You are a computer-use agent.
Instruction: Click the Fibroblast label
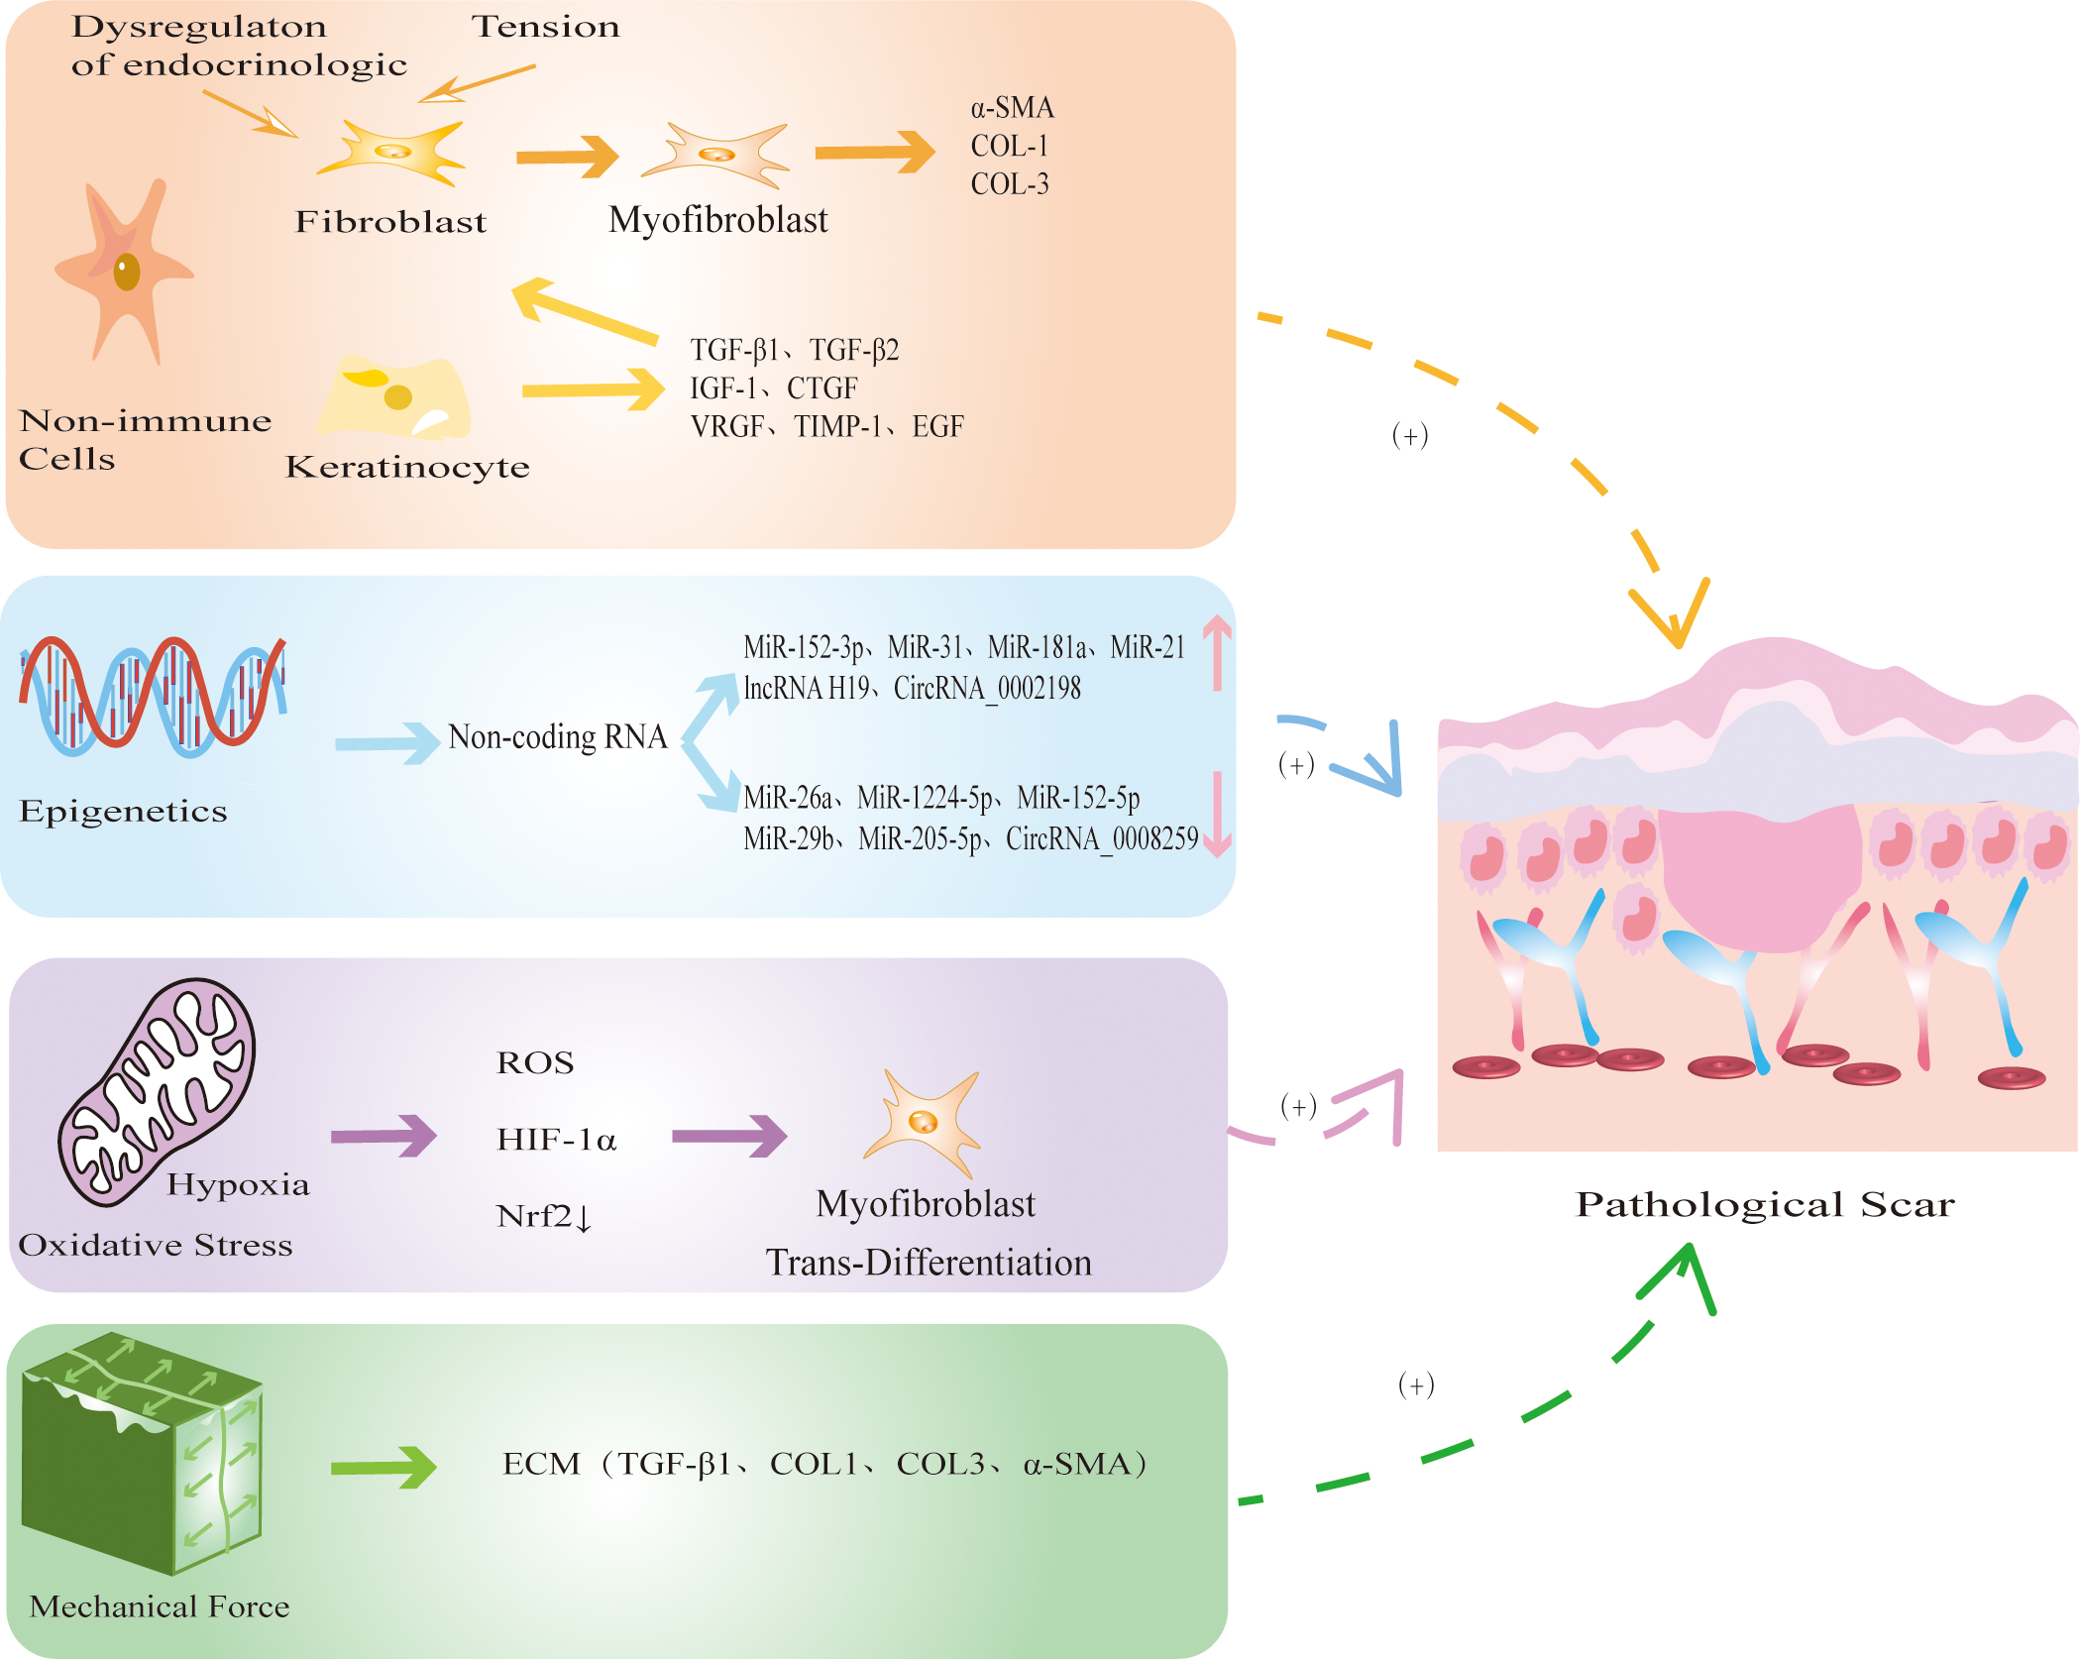390,222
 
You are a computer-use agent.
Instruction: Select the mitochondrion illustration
157,1090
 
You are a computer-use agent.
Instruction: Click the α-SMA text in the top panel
1012,108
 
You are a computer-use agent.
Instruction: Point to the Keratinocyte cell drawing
396,398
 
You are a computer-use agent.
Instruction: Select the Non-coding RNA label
558,737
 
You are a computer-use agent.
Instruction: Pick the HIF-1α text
556,1140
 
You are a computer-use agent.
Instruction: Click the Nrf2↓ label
544,1216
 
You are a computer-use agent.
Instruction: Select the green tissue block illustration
143,1452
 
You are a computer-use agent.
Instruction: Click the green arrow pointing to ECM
384,1468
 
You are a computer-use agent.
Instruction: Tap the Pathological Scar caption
1765,1205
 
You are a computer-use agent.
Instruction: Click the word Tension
545,27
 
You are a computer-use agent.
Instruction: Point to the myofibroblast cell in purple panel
924,1123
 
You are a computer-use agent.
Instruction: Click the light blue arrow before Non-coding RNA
386,743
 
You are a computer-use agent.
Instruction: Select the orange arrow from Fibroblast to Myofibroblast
567,157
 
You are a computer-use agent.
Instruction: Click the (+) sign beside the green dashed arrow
1416,1384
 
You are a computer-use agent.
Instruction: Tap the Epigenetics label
124,812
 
